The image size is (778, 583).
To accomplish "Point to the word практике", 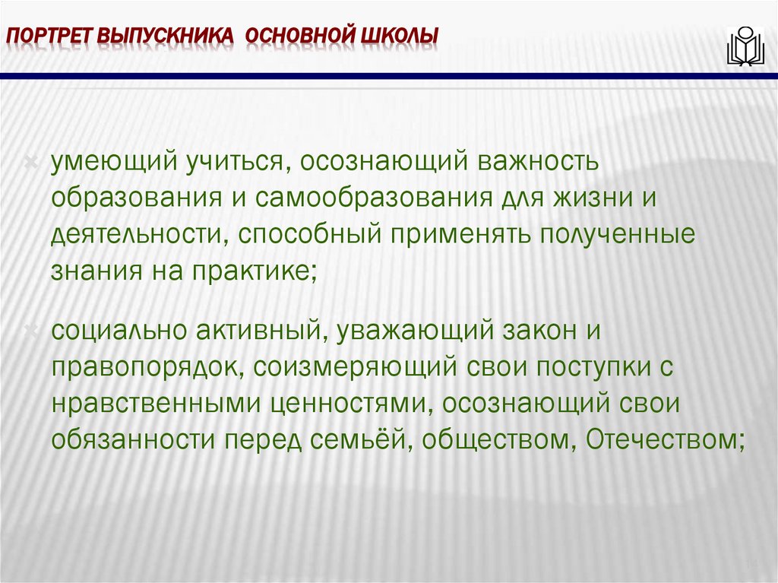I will (x=253, y=270).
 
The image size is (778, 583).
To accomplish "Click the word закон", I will (x=555, y=331).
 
